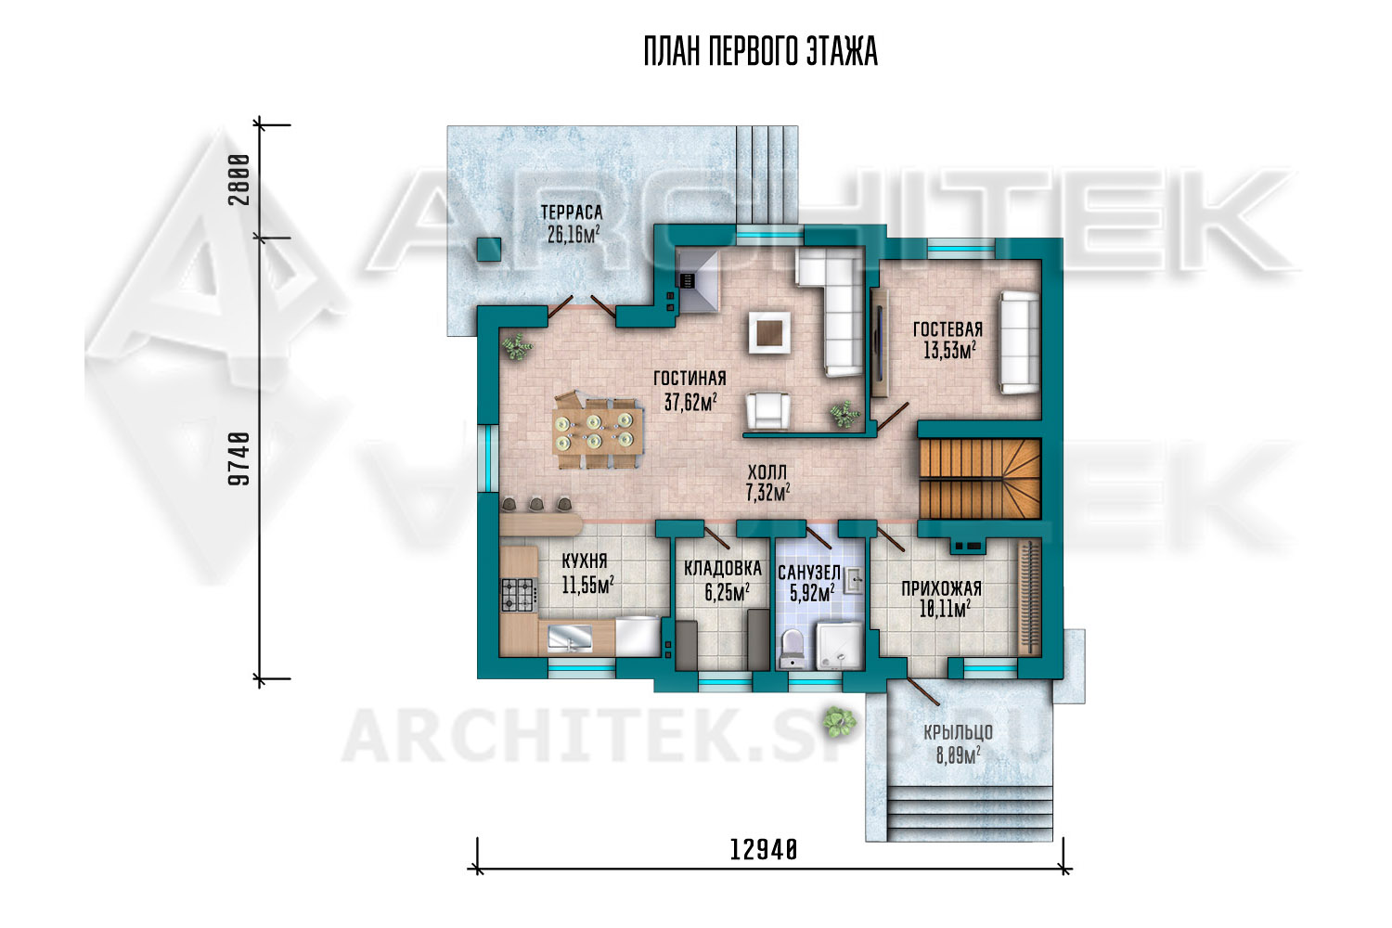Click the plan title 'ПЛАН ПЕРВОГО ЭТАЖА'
pyautogui.click(x=761, y=51)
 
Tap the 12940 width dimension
pyautogui.click(x=763, y=850)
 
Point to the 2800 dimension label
pyautogui.click(x=239, y=180)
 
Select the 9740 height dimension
pyautogui.click(x=239, y=459)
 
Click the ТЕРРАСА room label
pyautogui.click(x=572, y=213)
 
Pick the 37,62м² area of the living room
pyautogui.click(x=690, y=402)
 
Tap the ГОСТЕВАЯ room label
pyautogui.click(x=947, y=329)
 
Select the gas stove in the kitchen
pyautogui.click(x=519, y=595)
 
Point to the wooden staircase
pyautogui.click(x=979, y=478)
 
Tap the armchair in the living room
pyautogui.click(x=768, y=411)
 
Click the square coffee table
pyautogui.click(x=769, y=332)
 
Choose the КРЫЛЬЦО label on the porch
pyautogui.click(x=958, y=733)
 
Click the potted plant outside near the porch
pyautogui.click(x=840, y=721)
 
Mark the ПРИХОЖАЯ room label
pyautogui.click(x=942, y=588)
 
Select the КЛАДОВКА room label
pyautogui.click(x=723, y=569)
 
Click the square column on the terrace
pyautogui.click(x=489, y=250)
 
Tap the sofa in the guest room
pyautogui.click(x=1019, y=342)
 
